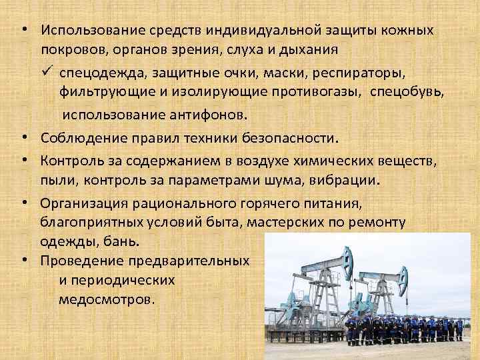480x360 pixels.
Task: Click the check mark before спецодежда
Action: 47,70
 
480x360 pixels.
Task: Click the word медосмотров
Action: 106,299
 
